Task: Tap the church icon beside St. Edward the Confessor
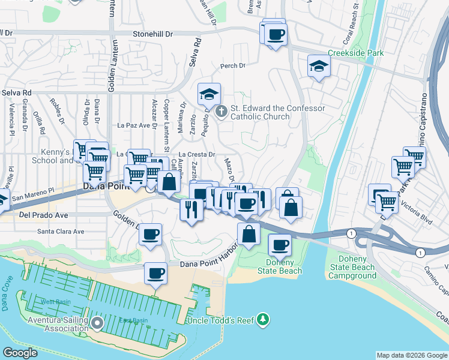221,111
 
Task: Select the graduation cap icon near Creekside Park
319,67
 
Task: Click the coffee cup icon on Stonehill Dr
276,34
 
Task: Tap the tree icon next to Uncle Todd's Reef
262,319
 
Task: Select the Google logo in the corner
20,353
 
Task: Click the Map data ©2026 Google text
411,355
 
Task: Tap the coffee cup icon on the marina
156,274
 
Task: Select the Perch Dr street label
234,66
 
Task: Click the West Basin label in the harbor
52,301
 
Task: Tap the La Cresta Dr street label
197,154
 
